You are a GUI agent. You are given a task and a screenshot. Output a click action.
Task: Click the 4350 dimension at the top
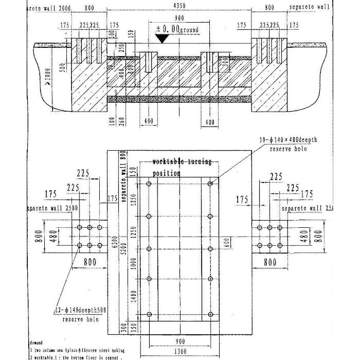180,6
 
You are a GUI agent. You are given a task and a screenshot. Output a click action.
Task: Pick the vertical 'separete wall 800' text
123,175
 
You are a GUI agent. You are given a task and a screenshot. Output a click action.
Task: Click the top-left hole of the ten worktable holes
149,184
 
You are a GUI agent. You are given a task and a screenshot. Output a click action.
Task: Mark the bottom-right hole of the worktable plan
210,315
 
